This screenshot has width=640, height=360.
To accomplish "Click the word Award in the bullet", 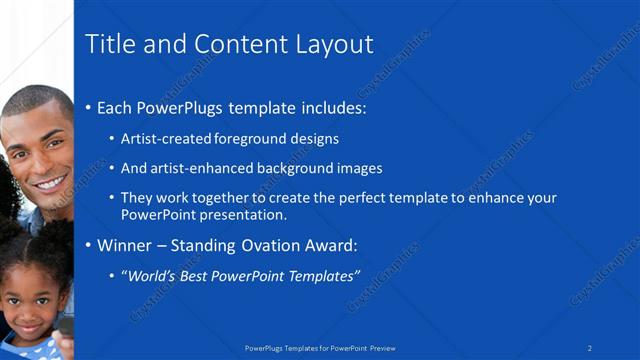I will [x=328, y=245].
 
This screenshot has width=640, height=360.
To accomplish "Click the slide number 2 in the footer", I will [x=590, y=347].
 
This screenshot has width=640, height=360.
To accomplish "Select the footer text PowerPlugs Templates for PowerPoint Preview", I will [x=319, y=348].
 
